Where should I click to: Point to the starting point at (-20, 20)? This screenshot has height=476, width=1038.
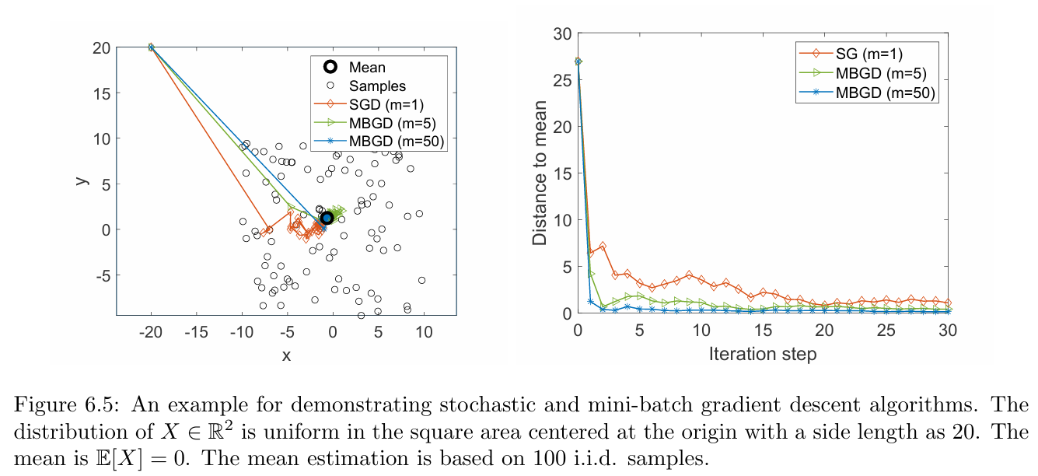(151, 47)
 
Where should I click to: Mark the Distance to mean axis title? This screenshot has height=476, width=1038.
(540, 173)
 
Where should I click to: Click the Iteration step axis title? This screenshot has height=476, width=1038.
(762, 355)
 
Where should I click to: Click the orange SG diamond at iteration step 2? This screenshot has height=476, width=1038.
(602, 247)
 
